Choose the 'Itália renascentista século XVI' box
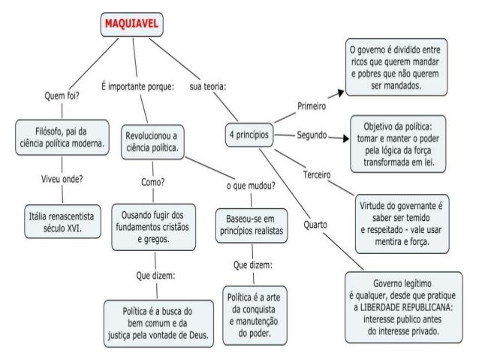63,218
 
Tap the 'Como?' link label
153,182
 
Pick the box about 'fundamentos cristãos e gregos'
153,227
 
